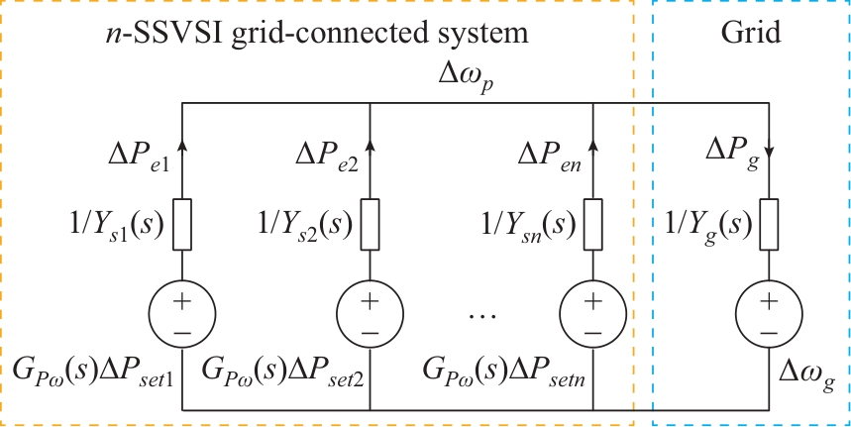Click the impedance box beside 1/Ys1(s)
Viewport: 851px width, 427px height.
click(x=183, y=225)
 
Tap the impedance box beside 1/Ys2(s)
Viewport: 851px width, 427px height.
click(x=370, y=225)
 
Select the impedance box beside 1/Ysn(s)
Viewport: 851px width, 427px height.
click(x=592, y=225)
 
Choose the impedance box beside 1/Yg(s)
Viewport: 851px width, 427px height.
click(x=770, y=225)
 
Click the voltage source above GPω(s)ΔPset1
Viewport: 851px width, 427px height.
click(x=183, y=315)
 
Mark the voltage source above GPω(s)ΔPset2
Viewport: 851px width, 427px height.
click(x=370, y=315)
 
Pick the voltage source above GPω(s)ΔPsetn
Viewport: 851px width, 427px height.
click(x=592, y=315)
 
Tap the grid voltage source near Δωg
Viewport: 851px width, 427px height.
click(x=770, y=315)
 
